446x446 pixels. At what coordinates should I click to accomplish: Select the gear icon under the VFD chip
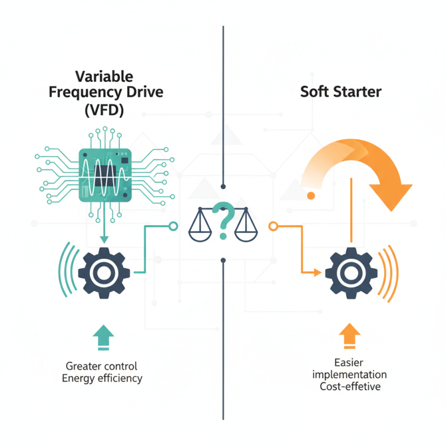click(104, 272)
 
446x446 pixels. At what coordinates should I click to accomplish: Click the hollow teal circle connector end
click(173, 226)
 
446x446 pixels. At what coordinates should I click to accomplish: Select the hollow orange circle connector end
click(273, 226)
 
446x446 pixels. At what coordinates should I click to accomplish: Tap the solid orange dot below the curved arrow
click(311, 195)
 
